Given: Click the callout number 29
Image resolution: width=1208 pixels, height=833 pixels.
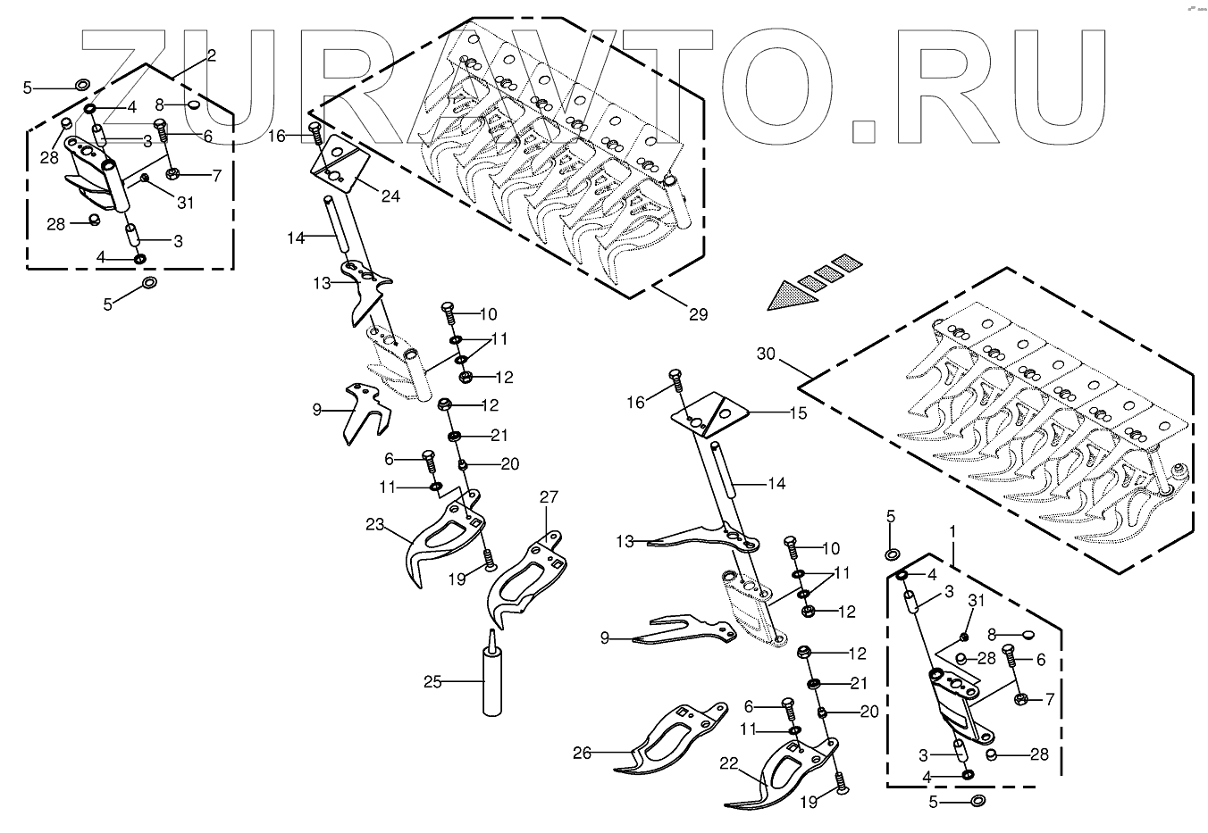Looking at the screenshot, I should click(x=698, y=313).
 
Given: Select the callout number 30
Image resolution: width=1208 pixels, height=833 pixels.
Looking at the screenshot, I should click(x=766, y=354).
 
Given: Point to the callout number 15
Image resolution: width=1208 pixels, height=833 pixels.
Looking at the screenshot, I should click(x=798, y=413).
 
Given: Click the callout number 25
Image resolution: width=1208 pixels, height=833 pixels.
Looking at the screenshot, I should click(x=433, y=683).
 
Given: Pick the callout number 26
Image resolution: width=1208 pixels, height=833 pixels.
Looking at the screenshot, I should click(x=582, y=753).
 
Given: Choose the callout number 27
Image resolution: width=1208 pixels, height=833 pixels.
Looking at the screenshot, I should click(x=548, y=497).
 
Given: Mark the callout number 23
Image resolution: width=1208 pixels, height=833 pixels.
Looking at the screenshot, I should click(x=374, y=525).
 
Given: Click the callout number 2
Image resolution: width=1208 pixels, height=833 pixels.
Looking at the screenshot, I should click(x=211, y=55).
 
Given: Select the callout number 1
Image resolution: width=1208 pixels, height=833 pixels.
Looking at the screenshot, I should click(x=952, y=531).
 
